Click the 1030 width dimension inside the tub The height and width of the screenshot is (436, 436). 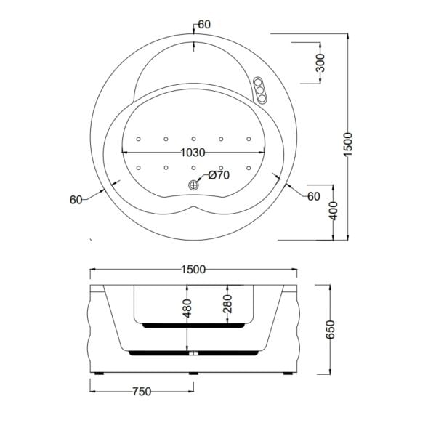[x=193, y=153]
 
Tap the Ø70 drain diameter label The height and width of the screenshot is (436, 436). [x=218, y=175]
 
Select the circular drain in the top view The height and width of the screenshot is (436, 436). [x=194, y=185]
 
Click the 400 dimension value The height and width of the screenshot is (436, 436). [x=332, y=212]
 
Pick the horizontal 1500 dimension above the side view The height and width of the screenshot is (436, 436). [x=193, y=270]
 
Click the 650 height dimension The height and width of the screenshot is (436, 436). [x=330, y=331]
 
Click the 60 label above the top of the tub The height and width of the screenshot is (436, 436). [x=204, y=25]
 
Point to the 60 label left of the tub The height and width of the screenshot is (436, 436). [x=76, y=200]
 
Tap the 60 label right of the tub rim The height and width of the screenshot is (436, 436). [x=313, y=196]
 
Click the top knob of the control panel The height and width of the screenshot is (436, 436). [x=259, y=82]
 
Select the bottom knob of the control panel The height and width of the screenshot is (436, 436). [x=261, y=99]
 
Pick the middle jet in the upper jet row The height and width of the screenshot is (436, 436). [x=194, y=138]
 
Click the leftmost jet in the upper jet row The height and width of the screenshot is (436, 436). [x=138, y=138]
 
